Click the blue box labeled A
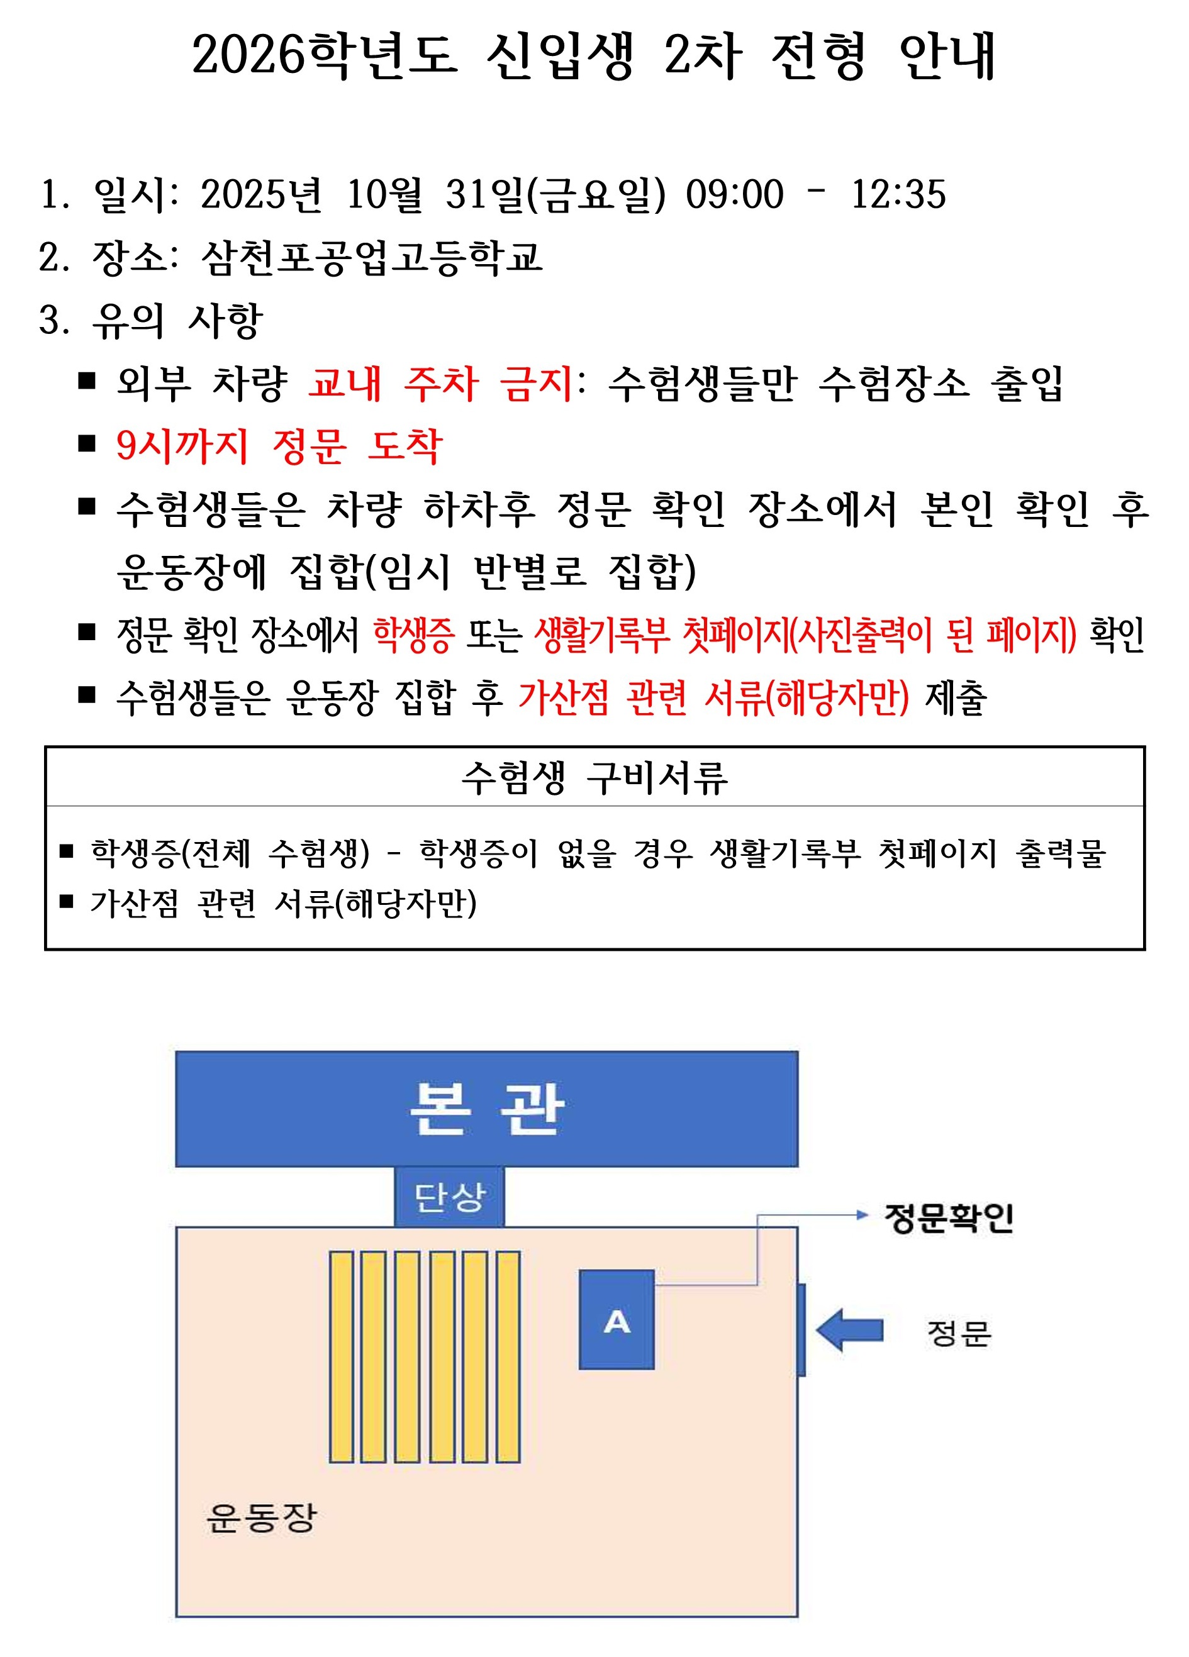pyautogui.click(x=616, y=1319)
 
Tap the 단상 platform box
pyautogui.click(x=449, y=1196)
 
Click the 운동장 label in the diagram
pyautogui.click(x=261, y=1518)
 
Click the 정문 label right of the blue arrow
pyautogui.click(x=958, y=1333)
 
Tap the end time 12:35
pyautogui.click(x=898, y=194)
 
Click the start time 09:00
pyautogui.click(x=734, y=194)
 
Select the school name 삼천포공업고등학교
pyautogui.click(x=371, y=258)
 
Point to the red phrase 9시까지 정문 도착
pyautogui.click(x=279, y=446)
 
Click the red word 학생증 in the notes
pyautogui.click(x=413, y=634)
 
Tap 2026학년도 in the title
pyautogui.click(x=325, y=55)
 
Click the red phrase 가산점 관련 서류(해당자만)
pyautogui.click(x=713, y=697)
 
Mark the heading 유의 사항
pyautogui.click(x=177, y=321)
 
